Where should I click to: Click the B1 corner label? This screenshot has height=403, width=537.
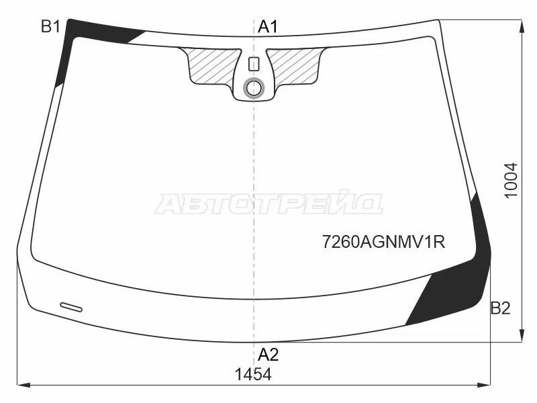[51, 27]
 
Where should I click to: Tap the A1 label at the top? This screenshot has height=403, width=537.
[268, 27]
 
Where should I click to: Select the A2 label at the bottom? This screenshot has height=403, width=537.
[268, 355]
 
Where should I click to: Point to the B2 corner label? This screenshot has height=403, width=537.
[500, 308]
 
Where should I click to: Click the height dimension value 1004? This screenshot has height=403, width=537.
[511, 180]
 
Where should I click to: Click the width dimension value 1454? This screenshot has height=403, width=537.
[253, 374]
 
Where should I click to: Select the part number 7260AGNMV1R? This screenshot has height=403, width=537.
[383, 242]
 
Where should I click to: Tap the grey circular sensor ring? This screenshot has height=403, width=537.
[254, 88]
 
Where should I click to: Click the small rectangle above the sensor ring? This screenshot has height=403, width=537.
[254, 64]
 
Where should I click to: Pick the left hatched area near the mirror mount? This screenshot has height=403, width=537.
[211, 64]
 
